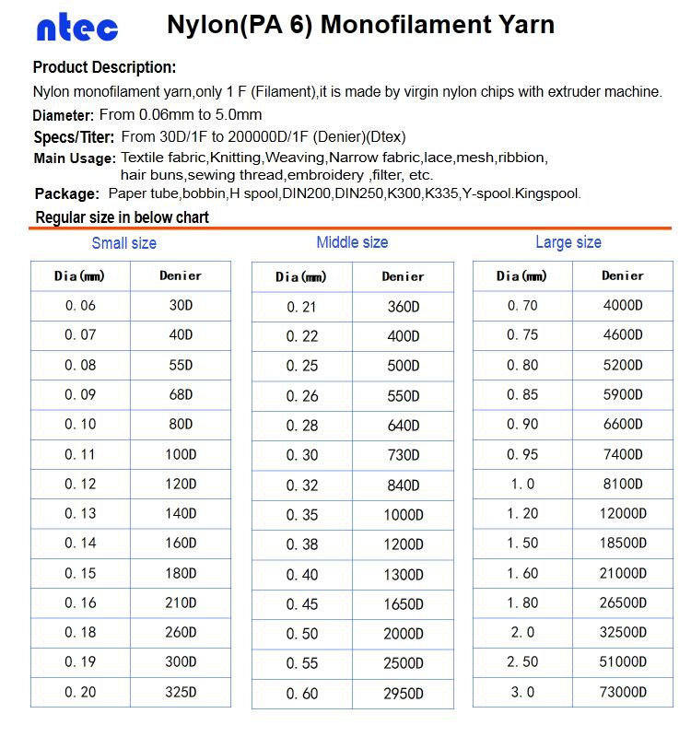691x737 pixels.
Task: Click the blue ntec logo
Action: pyautogui.click(x=77, y=28)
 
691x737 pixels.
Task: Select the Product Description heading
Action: pyautogui.click(x=104, y=67)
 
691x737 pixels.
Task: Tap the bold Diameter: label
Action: pyautogui.click(x=63, y=115)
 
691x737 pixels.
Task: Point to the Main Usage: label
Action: pyautogui.click(x=74, y=158)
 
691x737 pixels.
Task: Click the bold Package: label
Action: pyautogui.click(x=66, y=193)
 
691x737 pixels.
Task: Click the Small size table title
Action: pyautogui.click(x=123, y=243)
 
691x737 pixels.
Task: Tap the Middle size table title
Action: pyautogui.click(x=352, y=242)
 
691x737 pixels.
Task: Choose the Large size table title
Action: pyautogui.click(x=568, y=242)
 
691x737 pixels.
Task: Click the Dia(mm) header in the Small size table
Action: pyautogui.click(x=79, y=275)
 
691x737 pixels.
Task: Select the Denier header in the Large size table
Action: pyautogui.click(x=623, y=275)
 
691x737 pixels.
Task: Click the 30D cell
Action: pyautogui.click(x=181, y=306)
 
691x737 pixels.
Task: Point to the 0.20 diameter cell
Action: pyautogui.click(x=80, y=692)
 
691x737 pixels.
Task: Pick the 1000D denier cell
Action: pyautogui.click(x=404, y=515)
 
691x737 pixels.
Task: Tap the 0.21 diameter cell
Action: pyautogui.click(x=301, y=307)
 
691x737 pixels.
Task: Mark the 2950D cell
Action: pyautogui.click(x=404, y=693)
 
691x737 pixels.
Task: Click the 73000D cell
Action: pyautogui.click(x=623, y=692)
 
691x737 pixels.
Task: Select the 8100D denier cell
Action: pyautogui.click(x=623, y=484)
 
